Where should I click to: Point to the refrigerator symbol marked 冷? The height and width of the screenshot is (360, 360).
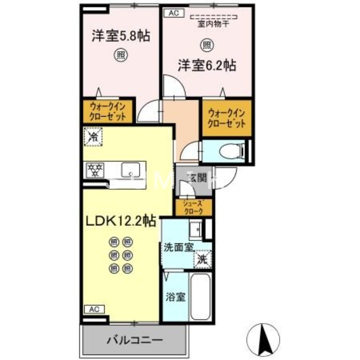point(94,135)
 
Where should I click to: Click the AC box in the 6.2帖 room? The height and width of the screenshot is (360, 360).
point(173,13)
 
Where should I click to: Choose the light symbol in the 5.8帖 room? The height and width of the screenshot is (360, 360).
point(121,55)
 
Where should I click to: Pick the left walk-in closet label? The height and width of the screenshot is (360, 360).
point(108,111)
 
